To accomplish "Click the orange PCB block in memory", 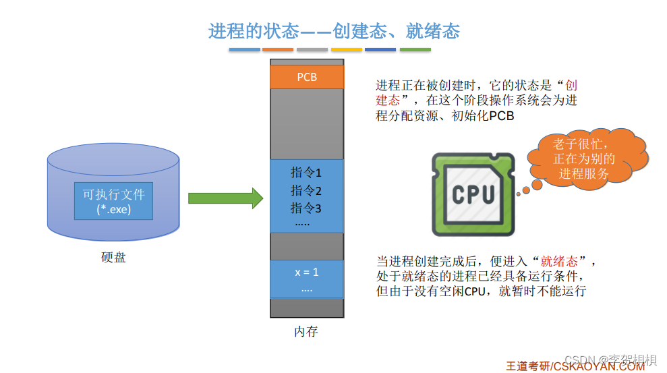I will (x=307, y=77).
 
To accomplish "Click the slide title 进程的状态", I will (x=334, y=31).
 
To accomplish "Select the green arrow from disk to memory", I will (x=225, y=198).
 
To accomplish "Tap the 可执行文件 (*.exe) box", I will (x=113, y=200).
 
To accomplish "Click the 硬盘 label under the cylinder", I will (x=113, y=258).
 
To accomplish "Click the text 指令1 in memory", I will (x=306, y=173).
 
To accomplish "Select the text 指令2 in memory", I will (x=306, y=190).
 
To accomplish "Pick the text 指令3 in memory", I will (x=306, y=208).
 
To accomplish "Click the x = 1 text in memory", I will (x=306, y=272).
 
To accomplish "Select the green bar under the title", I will (x=415, y=50).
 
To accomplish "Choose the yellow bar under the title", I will (x=347, y=50).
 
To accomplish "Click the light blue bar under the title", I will (x=244, y=50).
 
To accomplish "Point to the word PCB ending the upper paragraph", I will (x=501, y=116).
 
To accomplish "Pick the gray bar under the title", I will (x=312, y=50).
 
